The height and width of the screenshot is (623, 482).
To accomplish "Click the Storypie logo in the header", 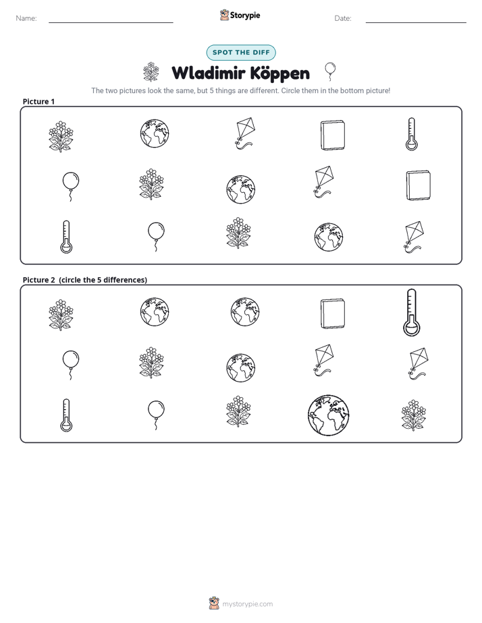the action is click(x=240, y=15).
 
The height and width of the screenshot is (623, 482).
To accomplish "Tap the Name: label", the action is click(x=26, y=18).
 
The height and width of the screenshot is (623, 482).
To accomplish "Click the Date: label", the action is click(x=343, y=18).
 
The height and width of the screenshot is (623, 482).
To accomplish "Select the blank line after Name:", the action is click(x=111, y=22).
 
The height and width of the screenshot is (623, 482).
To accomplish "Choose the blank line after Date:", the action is click(x=416, y=22).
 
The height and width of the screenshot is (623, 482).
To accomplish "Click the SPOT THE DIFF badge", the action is click(x=241, y=53).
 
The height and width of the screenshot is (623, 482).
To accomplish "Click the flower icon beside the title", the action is click(x=151, y=72).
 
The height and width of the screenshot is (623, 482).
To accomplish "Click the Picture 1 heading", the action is click(x=38, y=101).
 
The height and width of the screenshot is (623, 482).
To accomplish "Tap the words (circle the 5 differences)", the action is click(x=103, y=280).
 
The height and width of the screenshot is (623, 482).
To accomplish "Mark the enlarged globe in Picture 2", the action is click(x=329, y=415).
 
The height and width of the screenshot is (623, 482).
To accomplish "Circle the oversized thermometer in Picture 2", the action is click(x=412, y=312).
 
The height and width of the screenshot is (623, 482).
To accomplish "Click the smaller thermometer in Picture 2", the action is click(x=66, y=415).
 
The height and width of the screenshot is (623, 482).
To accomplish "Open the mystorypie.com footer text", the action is click(x=247, y=604).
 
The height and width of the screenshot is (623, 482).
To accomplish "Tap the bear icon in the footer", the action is click(x=214, y=603).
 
